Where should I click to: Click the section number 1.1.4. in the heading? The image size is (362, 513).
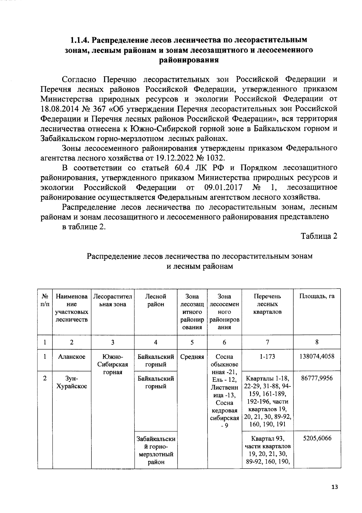coord(80,40)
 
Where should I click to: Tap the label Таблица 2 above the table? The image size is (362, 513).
coord(319,236)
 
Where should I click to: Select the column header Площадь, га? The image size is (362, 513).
coord(317,296)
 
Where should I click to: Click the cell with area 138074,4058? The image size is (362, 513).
coord(317,357)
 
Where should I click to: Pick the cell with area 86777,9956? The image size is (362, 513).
coord(317,378)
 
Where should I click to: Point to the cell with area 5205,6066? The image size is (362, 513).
coord(317,438)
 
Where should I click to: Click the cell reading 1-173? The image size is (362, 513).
coord(267,357)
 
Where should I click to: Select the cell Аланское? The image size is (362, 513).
coord(71,357)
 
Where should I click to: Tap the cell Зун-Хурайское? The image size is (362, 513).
coord(71,382)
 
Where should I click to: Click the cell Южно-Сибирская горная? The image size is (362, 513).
coord(113,364)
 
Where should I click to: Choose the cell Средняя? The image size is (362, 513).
coord(192,357)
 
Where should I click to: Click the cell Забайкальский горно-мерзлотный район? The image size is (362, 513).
coord(156,450)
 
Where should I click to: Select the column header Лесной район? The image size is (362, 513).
coord(156,300)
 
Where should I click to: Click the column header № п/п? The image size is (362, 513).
coord(45,300)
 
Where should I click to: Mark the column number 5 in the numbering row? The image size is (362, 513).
coord(192,342)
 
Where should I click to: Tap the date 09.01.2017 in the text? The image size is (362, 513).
coord(223,188)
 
